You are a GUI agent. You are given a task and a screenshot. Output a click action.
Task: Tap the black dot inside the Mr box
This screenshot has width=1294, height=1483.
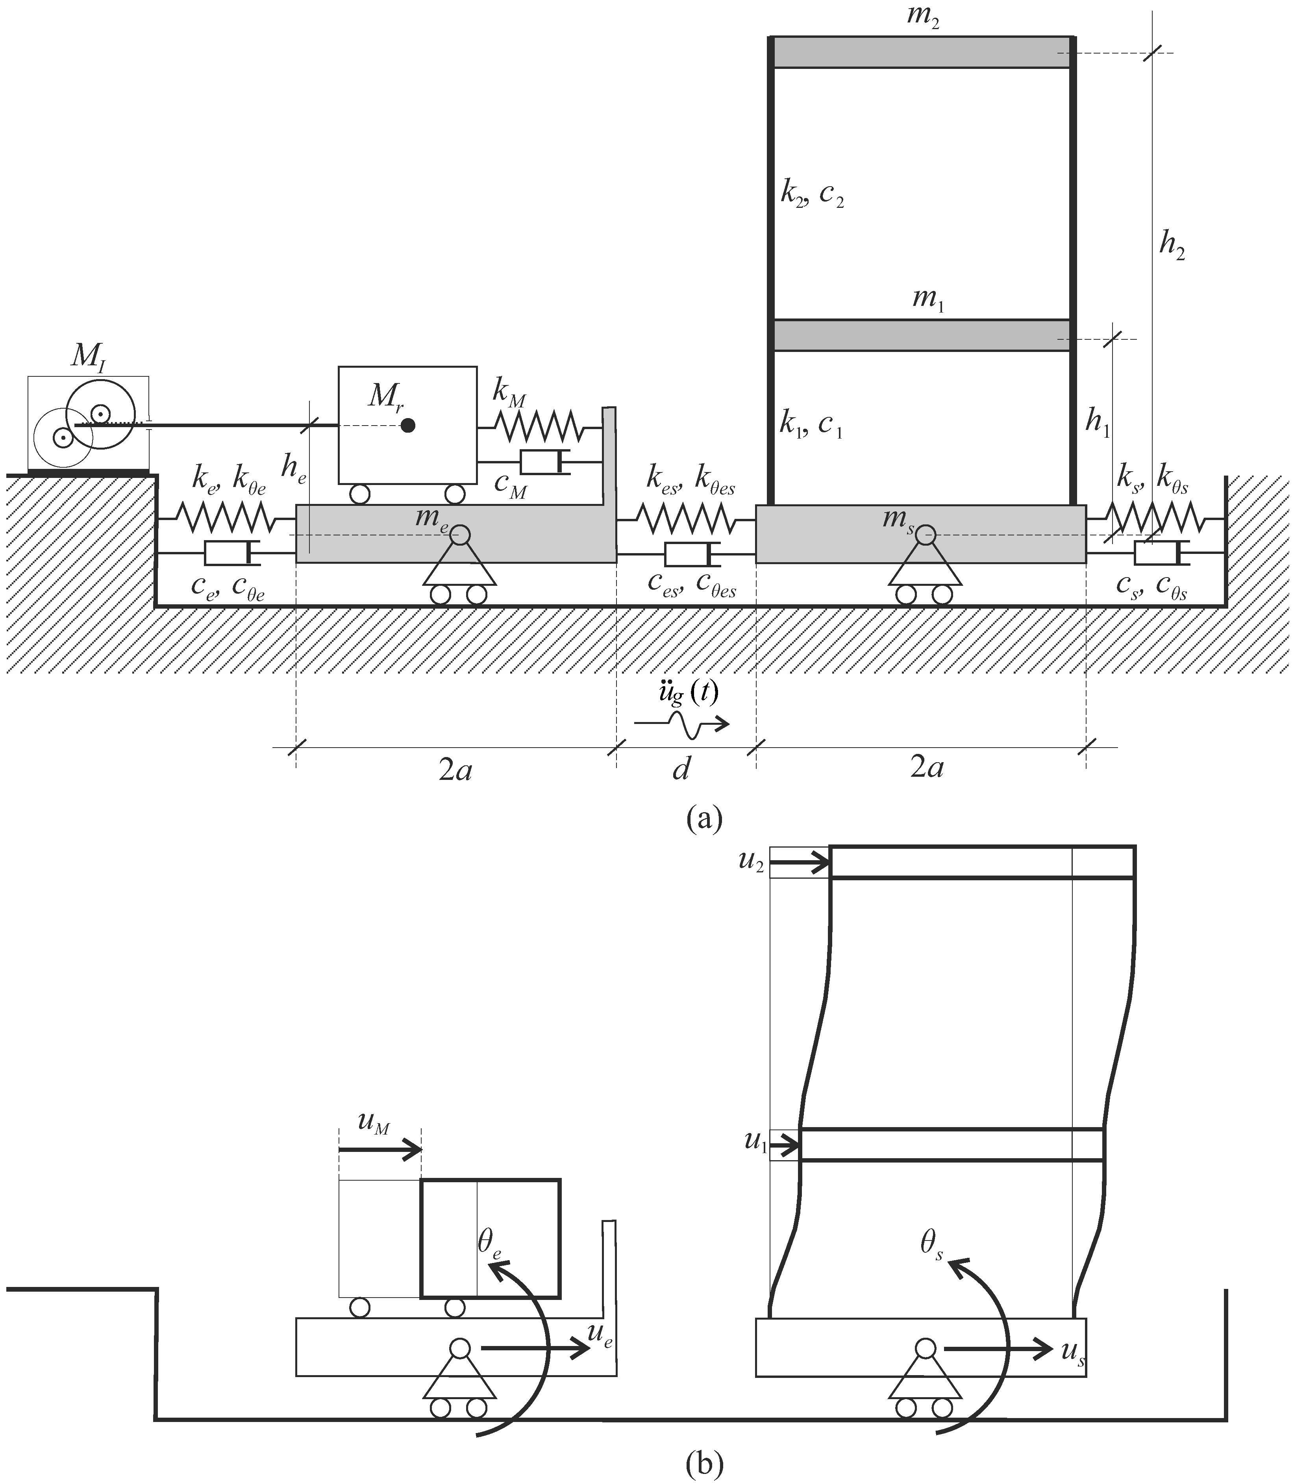click(408, 425)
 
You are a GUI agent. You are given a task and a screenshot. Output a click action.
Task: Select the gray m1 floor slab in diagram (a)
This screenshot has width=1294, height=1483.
click(921, 336)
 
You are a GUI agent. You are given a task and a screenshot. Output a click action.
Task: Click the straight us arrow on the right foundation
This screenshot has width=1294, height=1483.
click(996, 1348)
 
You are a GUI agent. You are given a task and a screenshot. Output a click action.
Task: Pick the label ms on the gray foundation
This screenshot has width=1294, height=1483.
click(898, 519)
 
